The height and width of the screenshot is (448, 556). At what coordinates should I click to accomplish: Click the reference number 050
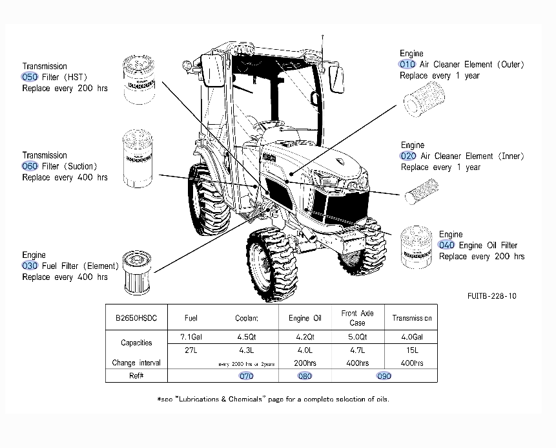[30, 77]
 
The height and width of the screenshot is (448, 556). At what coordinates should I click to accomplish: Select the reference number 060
[30, 166]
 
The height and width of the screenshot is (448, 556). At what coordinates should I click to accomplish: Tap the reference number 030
[30, 266]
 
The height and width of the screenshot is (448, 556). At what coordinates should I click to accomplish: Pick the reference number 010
[407, 65]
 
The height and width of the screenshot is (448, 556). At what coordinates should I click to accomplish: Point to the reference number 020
[409, 156]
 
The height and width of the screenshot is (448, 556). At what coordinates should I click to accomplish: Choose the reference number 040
[447, 245]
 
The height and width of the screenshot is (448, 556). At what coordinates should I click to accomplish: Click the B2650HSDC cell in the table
[136, 318]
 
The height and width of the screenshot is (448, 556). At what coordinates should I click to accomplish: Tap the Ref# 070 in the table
[246, 376]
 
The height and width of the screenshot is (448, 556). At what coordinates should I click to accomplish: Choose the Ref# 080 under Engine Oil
[304, 376]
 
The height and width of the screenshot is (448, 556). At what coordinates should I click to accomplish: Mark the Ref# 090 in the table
[384, 376]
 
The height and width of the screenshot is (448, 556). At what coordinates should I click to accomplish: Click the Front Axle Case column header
[357, 318]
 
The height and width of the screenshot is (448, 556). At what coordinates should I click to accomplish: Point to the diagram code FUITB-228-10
[492, 296]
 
